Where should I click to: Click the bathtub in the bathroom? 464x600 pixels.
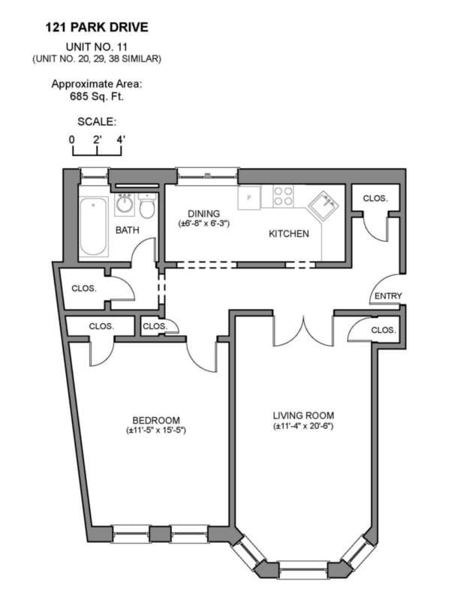coord(93,226)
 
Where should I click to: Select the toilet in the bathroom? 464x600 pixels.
coord(147,206)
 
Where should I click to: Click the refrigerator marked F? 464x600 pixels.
coord(249,199)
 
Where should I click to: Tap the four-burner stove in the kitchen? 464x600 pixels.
coord(283,196)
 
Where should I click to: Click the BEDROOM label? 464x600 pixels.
coord(155,420)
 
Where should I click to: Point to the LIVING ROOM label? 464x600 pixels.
coord(303,415)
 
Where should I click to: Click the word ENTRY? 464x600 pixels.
coord(387,296)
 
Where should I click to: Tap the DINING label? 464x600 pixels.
coord(203,213)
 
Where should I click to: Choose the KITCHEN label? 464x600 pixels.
coord(289,234)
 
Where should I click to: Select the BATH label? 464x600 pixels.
coord(127,230)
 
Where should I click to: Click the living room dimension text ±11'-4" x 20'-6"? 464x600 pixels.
coord(303,427)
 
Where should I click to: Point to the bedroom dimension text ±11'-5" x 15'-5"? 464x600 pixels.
coord(155,430)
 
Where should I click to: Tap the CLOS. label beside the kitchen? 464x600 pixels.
coord(375,199)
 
